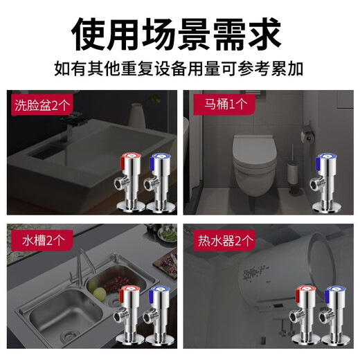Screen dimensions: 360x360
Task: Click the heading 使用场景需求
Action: [179, 31]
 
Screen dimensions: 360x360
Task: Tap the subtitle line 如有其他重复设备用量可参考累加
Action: [179, 70]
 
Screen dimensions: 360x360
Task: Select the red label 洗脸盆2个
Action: [40, 107]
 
